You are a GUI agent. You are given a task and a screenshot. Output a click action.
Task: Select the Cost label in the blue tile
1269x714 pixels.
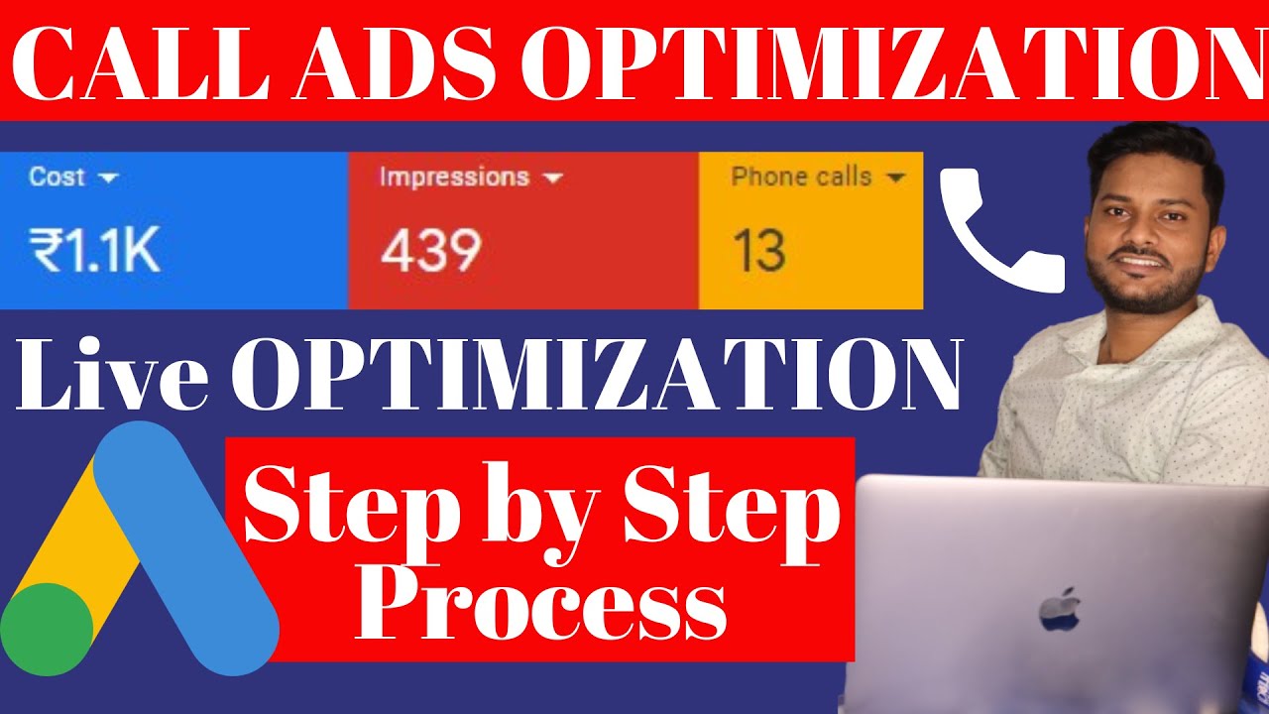click(x=58, y=178)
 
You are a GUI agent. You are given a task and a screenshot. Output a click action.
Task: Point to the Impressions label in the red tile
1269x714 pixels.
click(x=454, y=178)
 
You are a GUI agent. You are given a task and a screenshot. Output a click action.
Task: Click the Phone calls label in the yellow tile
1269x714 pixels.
click(x=801, y=178)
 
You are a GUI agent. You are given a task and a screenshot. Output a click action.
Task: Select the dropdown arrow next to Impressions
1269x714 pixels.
click(x=553, y=178)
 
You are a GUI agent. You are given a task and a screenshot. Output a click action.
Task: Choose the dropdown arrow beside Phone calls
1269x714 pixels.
click(x=895, y=178)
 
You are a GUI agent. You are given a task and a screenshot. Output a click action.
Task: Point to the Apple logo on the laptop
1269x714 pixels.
click(x=1058, y=609)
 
